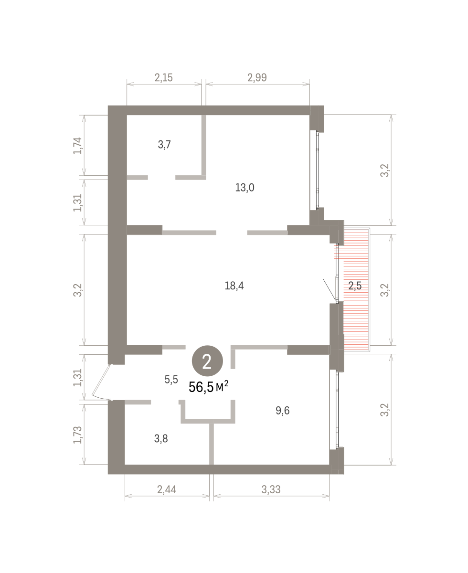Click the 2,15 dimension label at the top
[x=164, y=78]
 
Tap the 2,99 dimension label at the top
[x=257, y=78]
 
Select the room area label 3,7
[x=164, y=144]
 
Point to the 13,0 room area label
[x=245, y=188]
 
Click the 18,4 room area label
[x=234, y=286]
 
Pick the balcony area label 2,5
[x=355, y=286]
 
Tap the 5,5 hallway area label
[x=171, y=379]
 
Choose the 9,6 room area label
[x=283, y=410]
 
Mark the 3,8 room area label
[x=161, y=438]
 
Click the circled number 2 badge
[x=207, y=361]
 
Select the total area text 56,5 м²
[x=209, y=387]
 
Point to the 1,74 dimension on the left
[x=77, y=146]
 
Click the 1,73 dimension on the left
[x=77, y=435]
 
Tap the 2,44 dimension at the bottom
[x=167, y=489]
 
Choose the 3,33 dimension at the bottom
[x=271, y=489]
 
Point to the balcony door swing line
[x=330, y=290]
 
